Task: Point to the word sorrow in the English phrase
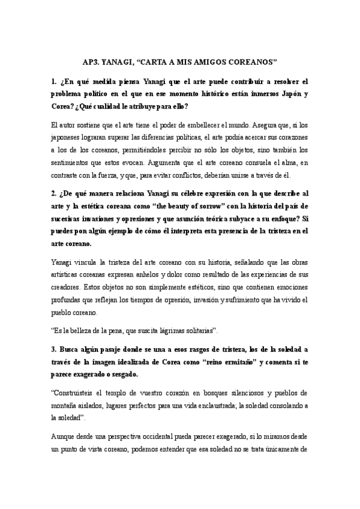[232, 206]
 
